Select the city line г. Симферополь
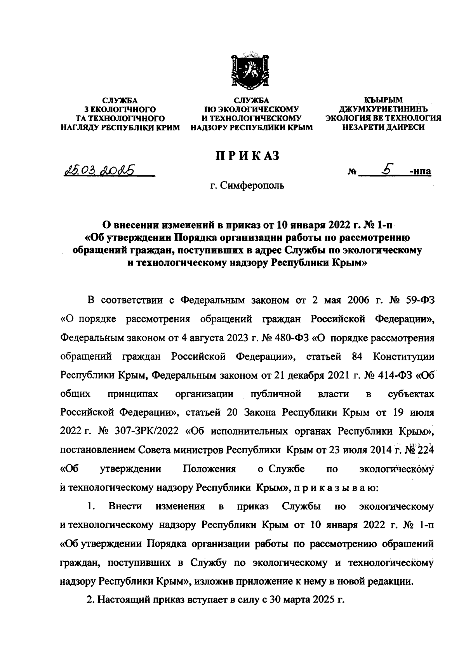coord(247,186)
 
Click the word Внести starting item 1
coord(125,507)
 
